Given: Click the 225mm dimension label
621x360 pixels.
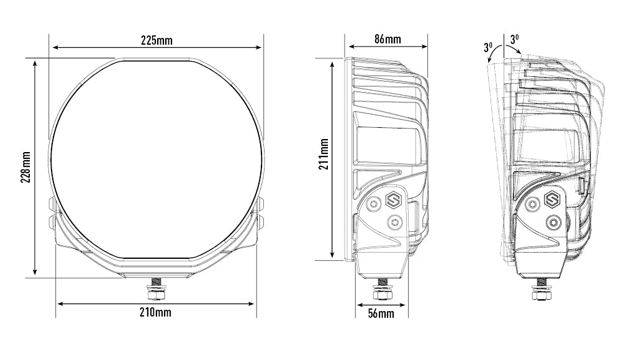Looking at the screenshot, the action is [157, 40].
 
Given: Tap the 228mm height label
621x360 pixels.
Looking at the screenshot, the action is [25, 167].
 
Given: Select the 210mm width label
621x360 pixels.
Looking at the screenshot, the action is [156, 312].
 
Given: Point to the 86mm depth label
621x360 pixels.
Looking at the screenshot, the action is [388, 39].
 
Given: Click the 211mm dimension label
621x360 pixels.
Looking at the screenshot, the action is [324, 154].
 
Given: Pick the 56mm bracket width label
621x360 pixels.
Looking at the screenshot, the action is [381, 313].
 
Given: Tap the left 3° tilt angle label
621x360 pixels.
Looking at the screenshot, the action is [488, 47].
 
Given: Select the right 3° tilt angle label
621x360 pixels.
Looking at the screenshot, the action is [514, 39].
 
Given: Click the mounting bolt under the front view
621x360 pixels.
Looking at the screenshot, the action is [157, 289].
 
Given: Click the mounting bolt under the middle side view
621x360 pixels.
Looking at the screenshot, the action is [382, 289].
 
